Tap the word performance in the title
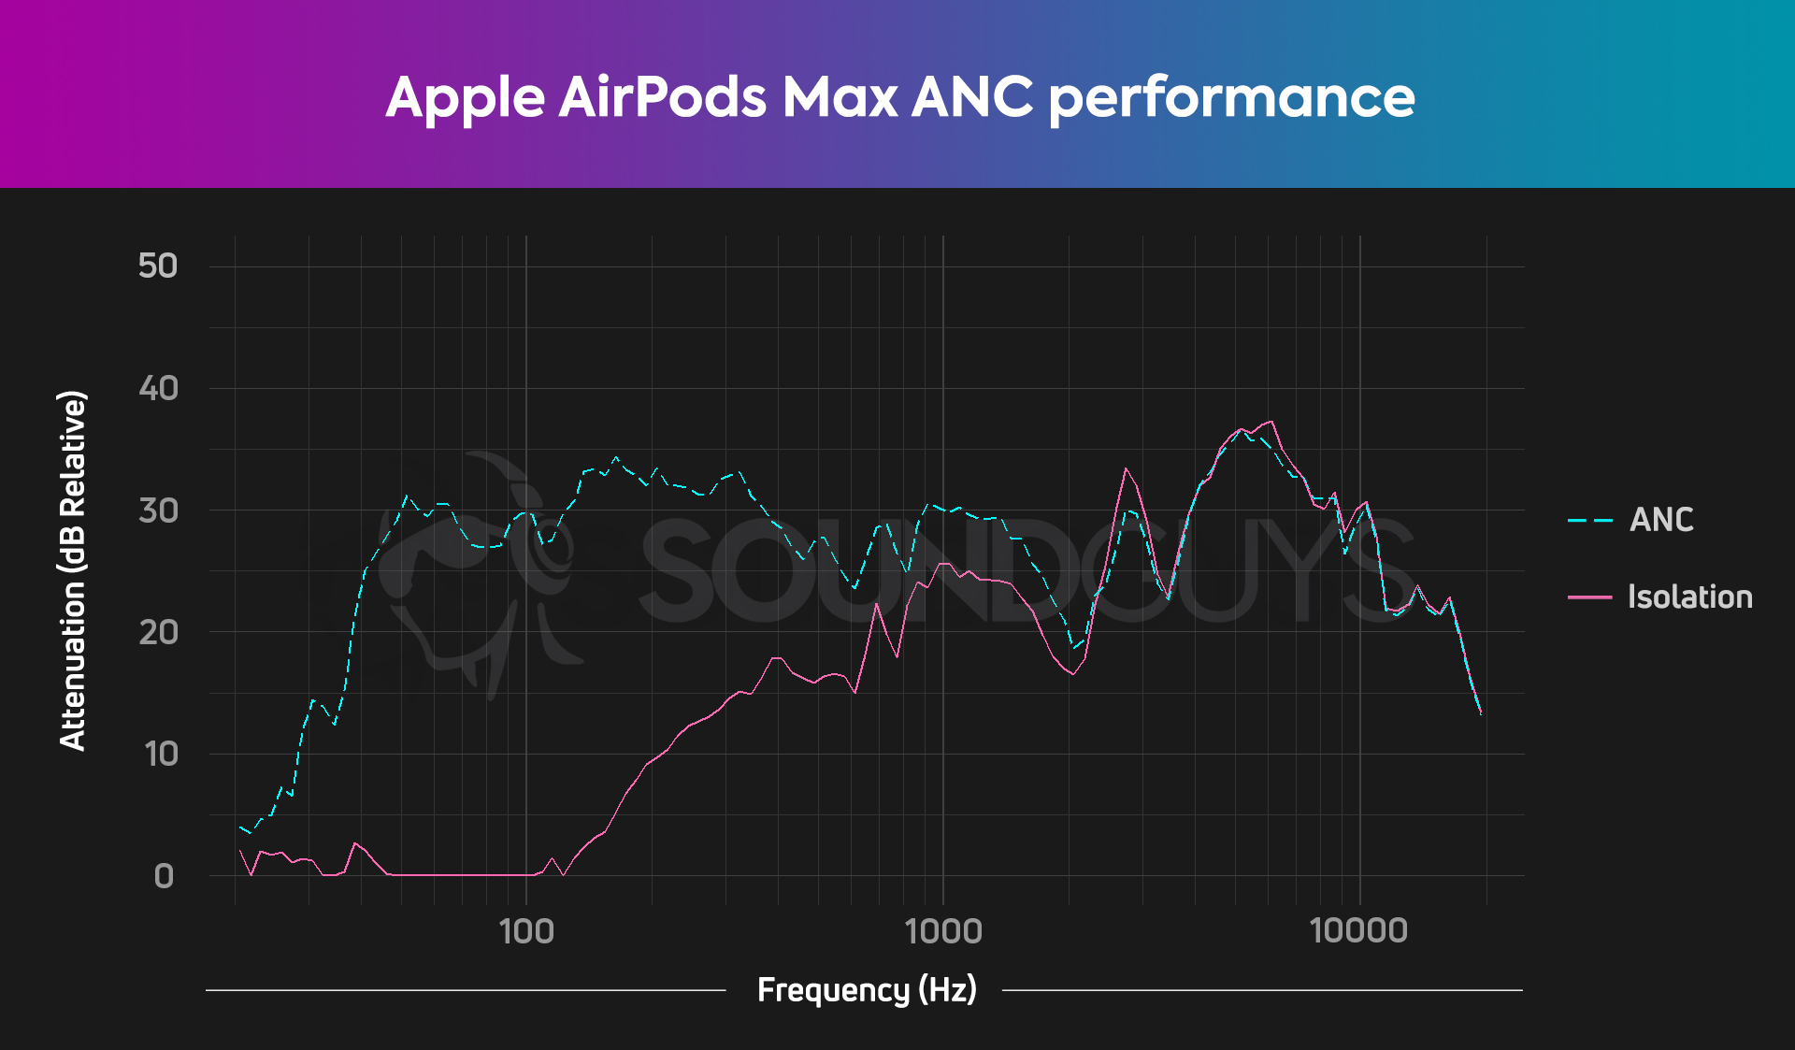click(1231, 98)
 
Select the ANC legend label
click(1661, 520)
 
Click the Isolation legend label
click(1689, 597)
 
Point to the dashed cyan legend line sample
click(1590, 520)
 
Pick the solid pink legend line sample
click(1590, 597)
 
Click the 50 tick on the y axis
click(158, 266)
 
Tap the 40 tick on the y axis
click(158, 388)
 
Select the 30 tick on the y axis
click(158, 511)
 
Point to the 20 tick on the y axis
click(158, 633)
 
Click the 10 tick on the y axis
click(161, 755)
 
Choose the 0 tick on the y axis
click(164, 876)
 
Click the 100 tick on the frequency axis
click(526, 931)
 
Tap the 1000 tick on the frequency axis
click(943, 931)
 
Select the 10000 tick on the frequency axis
click(1358, 931)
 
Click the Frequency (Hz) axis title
click(867, 989)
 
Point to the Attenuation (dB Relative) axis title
click(73, 570)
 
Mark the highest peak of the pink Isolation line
click(1271, 422)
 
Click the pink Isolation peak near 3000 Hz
click(1126, 468)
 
